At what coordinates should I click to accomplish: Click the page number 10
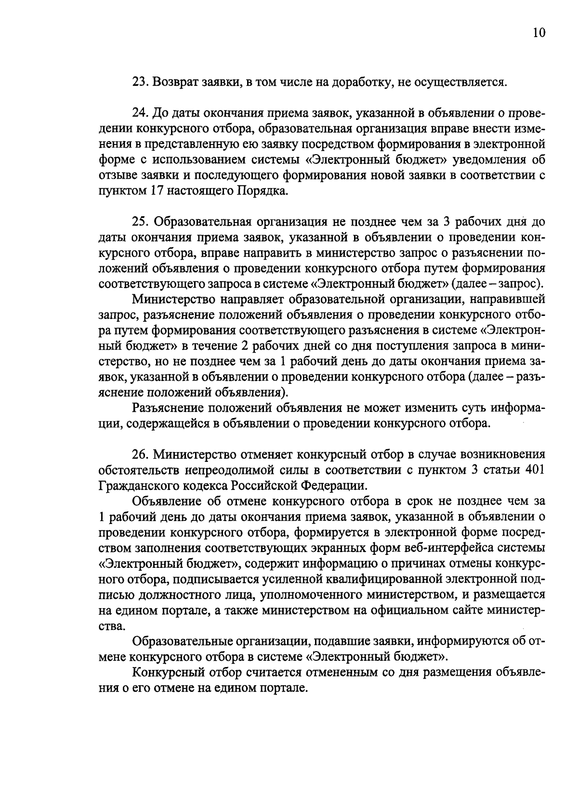(539, 33)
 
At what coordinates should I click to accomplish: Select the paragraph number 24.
(139, 114)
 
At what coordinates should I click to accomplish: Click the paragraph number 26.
(139, 455)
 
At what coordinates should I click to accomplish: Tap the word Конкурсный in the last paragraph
(165, 672)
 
